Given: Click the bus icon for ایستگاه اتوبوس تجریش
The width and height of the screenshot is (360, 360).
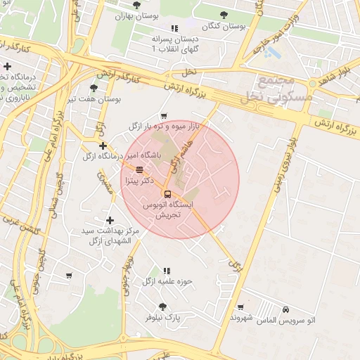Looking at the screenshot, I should pyautogui.click(x=167, y=193).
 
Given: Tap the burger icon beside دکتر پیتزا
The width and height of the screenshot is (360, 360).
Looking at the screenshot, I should pyautogui.click(x=139, y=169).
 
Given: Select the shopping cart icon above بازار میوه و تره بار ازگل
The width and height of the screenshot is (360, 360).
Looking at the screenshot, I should pyautogui.click(x=164, y=116).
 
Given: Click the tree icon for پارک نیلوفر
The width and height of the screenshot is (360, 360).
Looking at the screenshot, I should pyautogui.click(x=163, y=307).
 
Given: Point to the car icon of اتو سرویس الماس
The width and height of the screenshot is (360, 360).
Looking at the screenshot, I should pyautogui.click(x=285, y=309).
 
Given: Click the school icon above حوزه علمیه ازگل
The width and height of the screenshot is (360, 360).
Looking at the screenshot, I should pyautogui.click(x=167, y=271).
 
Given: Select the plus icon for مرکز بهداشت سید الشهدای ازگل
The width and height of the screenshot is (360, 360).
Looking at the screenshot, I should pyautogui.click(x=109, y=220).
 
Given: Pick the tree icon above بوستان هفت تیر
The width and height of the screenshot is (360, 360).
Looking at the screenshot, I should pyautogui.click(x=94, y=88).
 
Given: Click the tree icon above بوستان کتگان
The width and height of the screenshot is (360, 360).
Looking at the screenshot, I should pyautogui.click(x=224, y=14).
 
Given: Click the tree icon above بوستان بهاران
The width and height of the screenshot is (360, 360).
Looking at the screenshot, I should pyautogui.click(x=136, y=4).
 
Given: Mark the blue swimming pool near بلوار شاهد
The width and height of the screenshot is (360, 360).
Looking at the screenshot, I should pyautogui.click(x=273, y=53).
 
